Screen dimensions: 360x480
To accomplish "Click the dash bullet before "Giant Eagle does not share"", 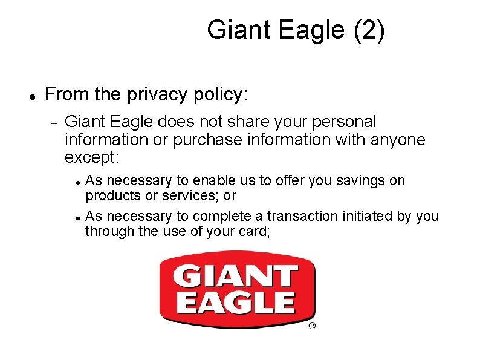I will (54, 123).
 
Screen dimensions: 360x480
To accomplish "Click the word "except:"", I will (92, 158).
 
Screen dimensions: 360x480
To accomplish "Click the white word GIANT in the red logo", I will (236, 278).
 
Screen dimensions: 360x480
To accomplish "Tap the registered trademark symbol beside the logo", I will (313, 326).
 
